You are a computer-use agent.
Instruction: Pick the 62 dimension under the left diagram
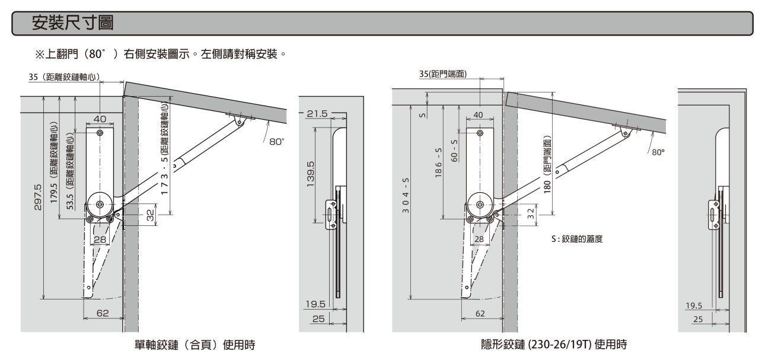[103, 313]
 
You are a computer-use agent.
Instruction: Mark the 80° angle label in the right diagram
[658, 152]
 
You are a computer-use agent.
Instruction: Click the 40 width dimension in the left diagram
[99, 119]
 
